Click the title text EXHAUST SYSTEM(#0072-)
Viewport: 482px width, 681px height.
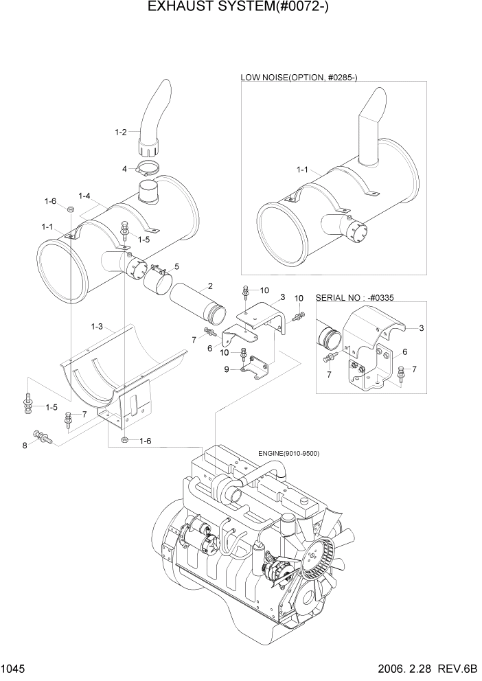click(240, 10)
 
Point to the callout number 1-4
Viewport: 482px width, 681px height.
click(85, 196)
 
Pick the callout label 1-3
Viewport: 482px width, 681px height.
click(97, 327)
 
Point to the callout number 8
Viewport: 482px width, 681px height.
click(25, 445)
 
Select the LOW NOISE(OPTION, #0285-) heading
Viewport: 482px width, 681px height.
click(299, 78)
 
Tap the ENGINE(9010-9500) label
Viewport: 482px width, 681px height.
click(288, 453)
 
